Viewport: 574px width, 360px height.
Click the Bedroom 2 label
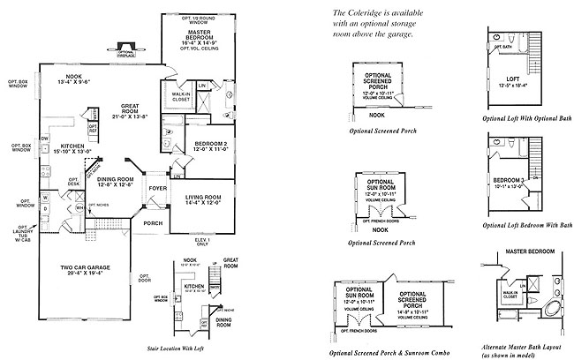click(210, 145)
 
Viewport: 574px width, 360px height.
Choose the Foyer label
click(157, 187)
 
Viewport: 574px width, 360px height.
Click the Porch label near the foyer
click(154, 223)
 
